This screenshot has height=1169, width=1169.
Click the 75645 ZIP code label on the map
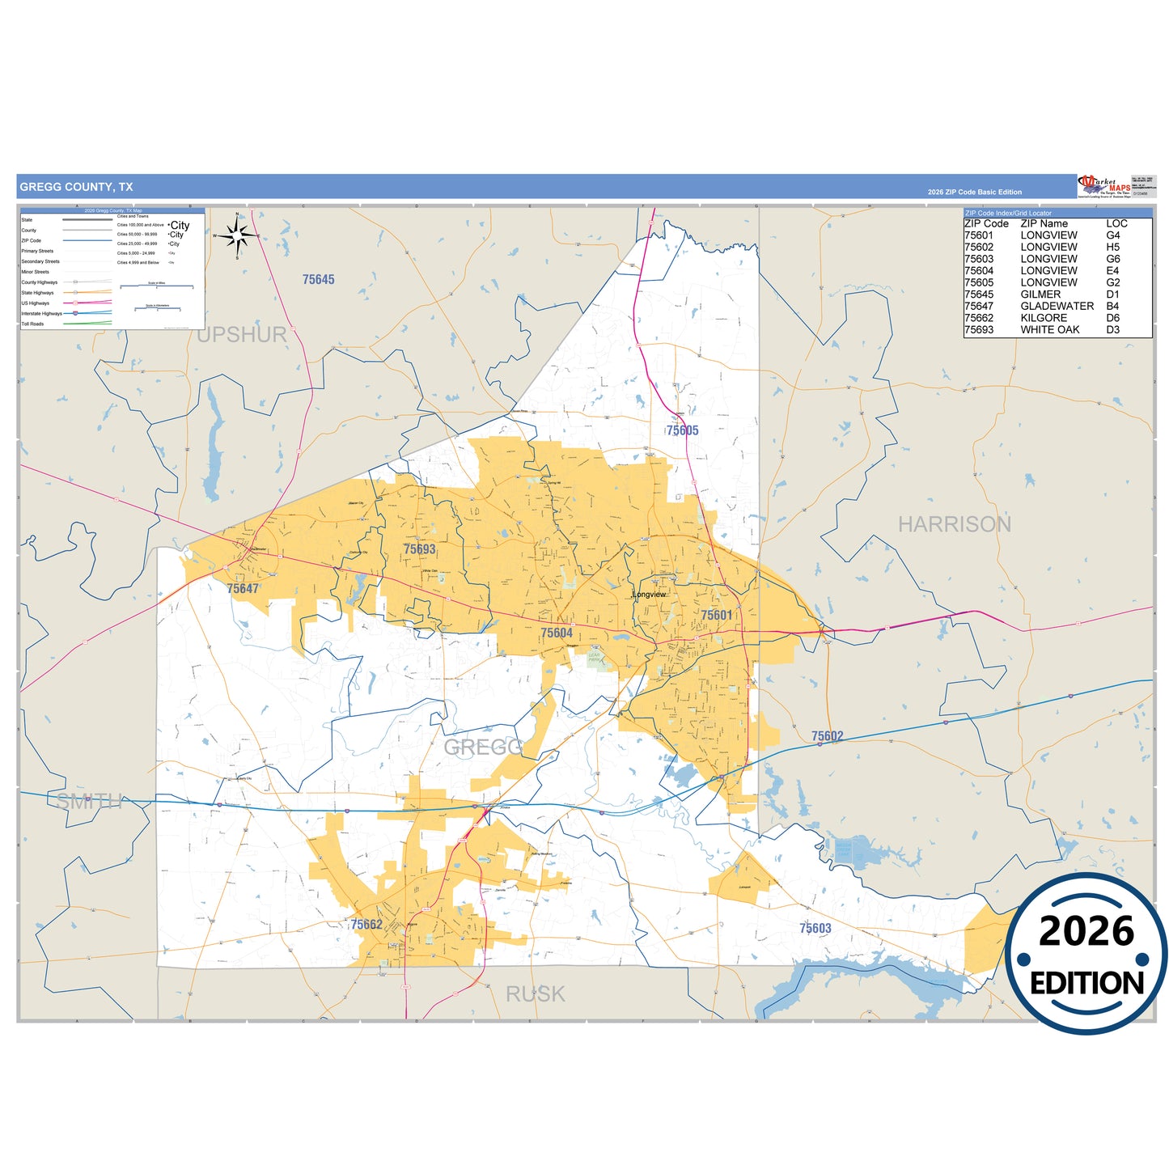318,280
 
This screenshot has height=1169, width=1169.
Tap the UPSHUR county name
241,335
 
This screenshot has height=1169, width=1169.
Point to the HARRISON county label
954,524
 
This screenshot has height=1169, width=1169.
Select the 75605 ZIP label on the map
682,430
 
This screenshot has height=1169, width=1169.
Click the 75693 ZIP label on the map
419,549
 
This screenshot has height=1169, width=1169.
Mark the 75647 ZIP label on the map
243,589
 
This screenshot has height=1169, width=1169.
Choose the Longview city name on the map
649,595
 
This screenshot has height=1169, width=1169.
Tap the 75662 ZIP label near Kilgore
366,924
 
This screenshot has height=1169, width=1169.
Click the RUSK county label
535,994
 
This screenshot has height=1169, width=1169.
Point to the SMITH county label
89,801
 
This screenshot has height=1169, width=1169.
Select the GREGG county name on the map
483,747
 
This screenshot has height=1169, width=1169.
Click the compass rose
237,236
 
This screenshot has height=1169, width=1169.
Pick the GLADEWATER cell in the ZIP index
1057,306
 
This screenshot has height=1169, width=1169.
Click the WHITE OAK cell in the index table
1049,329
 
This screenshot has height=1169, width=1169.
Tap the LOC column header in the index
1116,223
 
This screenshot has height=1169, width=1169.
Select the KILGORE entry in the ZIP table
1044,318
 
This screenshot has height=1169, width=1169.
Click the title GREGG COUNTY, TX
76,187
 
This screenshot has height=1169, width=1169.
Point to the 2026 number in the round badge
1086,931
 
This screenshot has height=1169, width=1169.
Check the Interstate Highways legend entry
41,314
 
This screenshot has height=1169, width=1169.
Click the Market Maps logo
1104,186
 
